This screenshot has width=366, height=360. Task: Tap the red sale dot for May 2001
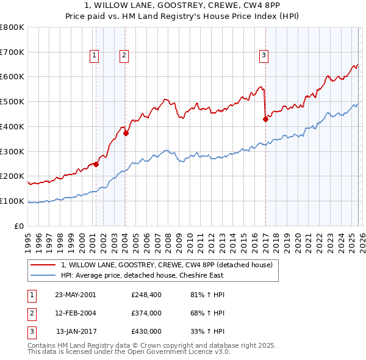point(96,164)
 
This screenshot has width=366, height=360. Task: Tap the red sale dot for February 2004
point(125,132)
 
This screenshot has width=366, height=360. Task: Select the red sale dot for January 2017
point(265,120)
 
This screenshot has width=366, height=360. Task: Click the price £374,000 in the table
point(146,313)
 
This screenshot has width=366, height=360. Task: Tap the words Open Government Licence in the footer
point(181,352)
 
